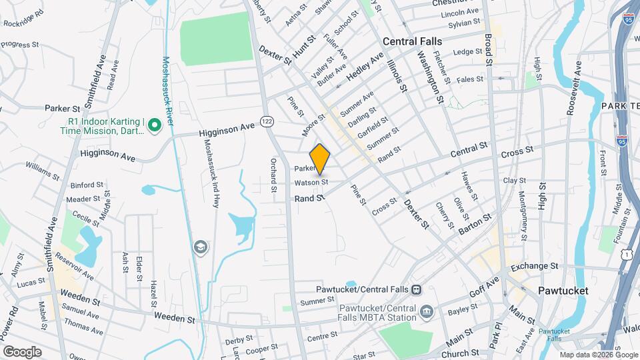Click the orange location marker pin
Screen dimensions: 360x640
click(320, 159)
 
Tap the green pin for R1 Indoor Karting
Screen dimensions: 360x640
click(155, 125)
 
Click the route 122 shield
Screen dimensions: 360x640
click(267, 121)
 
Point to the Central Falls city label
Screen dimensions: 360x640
click(412, 41)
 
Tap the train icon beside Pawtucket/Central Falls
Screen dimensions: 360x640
click(416, 289)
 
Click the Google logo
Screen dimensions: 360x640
click(22, 351)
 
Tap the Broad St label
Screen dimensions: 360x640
click(488, 49)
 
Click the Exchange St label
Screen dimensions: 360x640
click(534, 266)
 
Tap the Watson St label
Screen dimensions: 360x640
click(311, 181)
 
